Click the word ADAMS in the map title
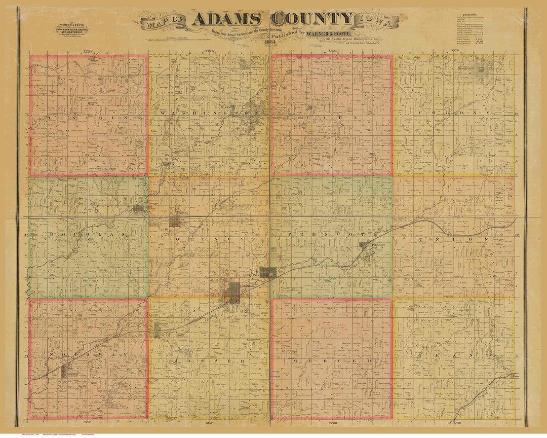[x=226, y=20]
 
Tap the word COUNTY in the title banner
[x=310, y=20]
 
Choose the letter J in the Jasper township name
[x=176, y=360]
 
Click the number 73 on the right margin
[x=517, y=115]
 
